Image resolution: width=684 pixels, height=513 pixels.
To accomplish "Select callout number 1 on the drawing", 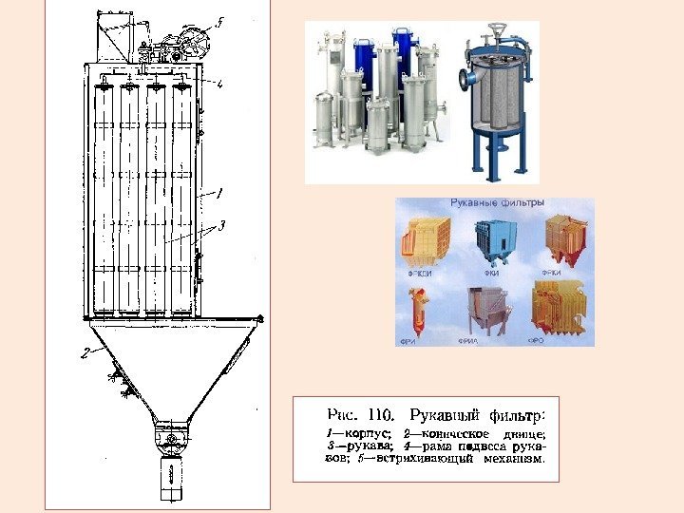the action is [221, 191].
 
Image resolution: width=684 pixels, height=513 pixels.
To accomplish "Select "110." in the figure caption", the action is [378, 414].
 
